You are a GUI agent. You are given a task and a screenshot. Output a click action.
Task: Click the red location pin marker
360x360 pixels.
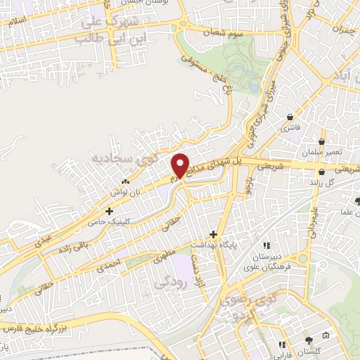[181, 165]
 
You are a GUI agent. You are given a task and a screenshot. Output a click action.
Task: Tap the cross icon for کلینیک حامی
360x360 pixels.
[109, 210]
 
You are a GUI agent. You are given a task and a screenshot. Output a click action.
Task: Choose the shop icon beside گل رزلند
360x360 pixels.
[322, 172]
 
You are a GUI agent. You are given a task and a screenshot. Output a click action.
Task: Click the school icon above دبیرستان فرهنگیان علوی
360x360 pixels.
[266, 245]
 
